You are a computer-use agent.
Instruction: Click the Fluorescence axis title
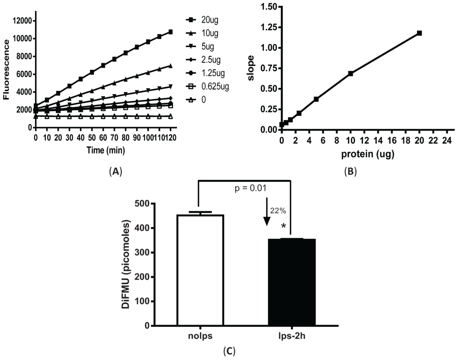click(6, 69)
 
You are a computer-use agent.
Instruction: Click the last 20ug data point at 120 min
click(170, 32)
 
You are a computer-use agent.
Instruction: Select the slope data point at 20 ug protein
click(419, 33)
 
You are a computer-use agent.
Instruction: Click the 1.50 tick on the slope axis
click(267, 7)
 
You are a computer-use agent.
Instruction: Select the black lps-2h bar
click(290, 281)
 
